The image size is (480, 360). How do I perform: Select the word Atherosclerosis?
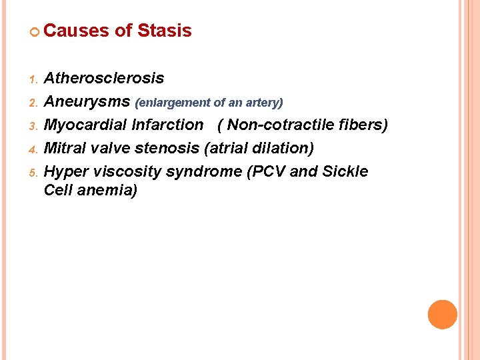click(x=103, y=78)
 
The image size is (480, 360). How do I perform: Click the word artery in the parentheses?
click(x=265, y=103)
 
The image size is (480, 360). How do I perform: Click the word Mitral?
click(x=64, y=148)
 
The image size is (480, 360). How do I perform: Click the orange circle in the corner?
click(x=442, y=314)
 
